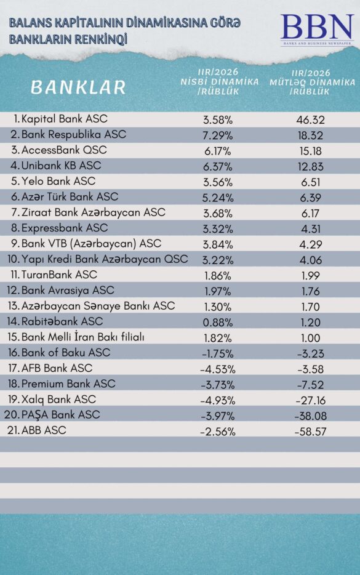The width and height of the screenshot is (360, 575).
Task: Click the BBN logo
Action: pyautogui.click(x=318, y=29)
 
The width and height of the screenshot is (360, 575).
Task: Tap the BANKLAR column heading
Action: pyautogui.click(x=78, y=87)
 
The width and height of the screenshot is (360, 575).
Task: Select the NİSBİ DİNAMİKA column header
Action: pyautogui.click(x=219, y=81)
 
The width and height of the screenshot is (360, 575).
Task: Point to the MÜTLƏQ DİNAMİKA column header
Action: pyautogui.click(x=312, y=82)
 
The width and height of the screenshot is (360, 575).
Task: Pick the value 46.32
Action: pyautogui.click(x=311, y=120)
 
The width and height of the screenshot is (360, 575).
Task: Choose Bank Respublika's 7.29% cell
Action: pyautogui.click(x=218, y=135)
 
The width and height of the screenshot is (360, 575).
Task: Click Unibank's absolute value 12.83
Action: pyautogui.click(x=311, y=167)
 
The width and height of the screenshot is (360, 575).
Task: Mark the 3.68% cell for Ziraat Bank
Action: pyautogui.click(x=218, y=214)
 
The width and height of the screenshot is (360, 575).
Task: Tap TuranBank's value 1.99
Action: pyautogui.click(x=311, y=276)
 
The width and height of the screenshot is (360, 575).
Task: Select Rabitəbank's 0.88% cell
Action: pyautogui.click(x=218, y=323)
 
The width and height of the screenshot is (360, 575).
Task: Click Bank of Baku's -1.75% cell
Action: pyautogui.click(x=218, y=354)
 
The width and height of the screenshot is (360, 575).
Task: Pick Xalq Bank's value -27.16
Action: pyautogui.click(x=311, y=400)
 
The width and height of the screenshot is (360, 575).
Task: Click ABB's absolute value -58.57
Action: pyautogui.click(x=311, y=432)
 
